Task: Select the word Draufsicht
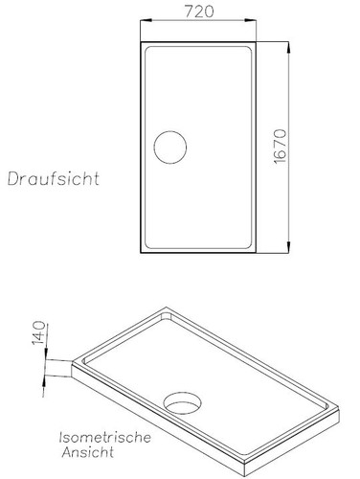[x=55, y=178]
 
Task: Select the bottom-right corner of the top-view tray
[x=259, y=254]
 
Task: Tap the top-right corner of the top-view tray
[x=259, y=42]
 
